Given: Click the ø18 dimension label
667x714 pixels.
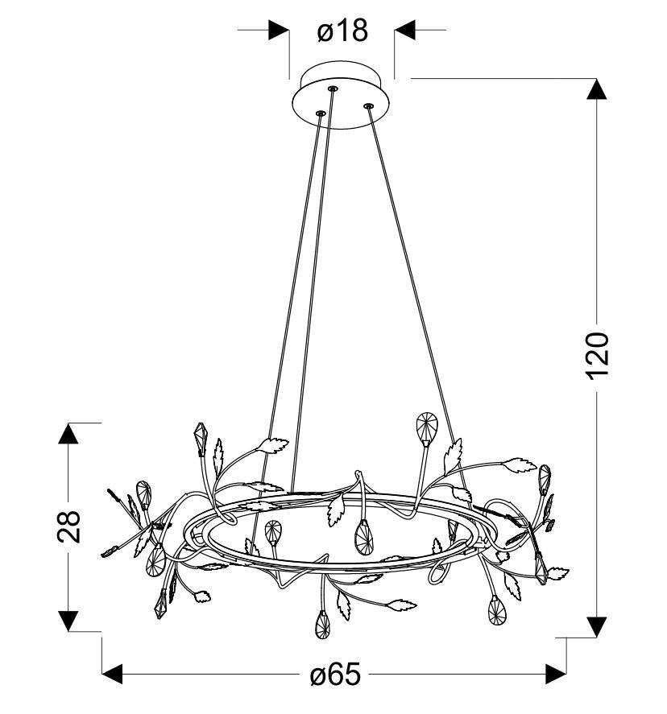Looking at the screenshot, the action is (x=342, y=31).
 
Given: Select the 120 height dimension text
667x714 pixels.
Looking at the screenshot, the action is (x=596, y=356).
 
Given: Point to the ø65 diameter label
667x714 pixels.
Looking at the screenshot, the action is (x=335, y=675).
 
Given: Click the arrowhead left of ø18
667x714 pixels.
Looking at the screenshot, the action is (x=279, y=30).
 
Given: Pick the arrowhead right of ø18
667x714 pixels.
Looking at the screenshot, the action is (x=404, y=30).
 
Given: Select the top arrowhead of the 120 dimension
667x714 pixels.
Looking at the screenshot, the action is (x=596, y=89).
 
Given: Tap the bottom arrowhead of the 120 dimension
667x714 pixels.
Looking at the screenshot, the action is (x=596, y=627).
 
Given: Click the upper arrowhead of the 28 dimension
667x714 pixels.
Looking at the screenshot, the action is (x=68, y=433).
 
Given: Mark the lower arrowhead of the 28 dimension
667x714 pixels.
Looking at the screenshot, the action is (x=68, y=621).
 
